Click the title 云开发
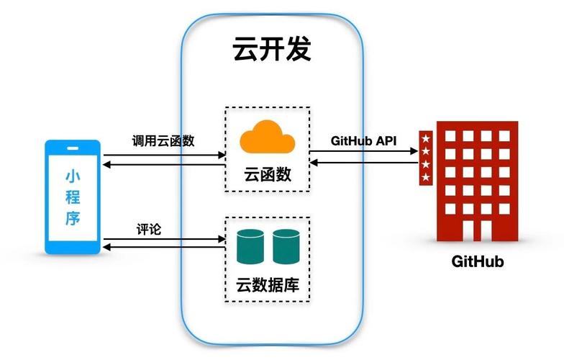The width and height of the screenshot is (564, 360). [272, 50]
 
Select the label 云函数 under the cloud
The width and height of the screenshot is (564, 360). [268, 175]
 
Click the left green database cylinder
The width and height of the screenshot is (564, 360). [249, 246]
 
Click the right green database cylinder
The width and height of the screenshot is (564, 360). [286, 246]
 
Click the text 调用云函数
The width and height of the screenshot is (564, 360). [163, 140]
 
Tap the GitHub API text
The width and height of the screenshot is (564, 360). [363, 140]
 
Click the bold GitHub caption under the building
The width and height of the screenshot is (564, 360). [478, 261]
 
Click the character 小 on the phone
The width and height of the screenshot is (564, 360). [72, 176]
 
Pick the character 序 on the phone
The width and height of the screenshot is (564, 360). [72, 218]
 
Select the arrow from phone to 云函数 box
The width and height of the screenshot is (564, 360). [163, 155]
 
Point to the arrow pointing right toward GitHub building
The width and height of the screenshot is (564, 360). [363, 151]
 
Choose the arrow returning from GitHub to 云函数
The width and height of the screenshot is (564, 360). [363, 162]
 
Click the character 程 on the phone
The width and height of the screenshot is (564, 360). [72, 197]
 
